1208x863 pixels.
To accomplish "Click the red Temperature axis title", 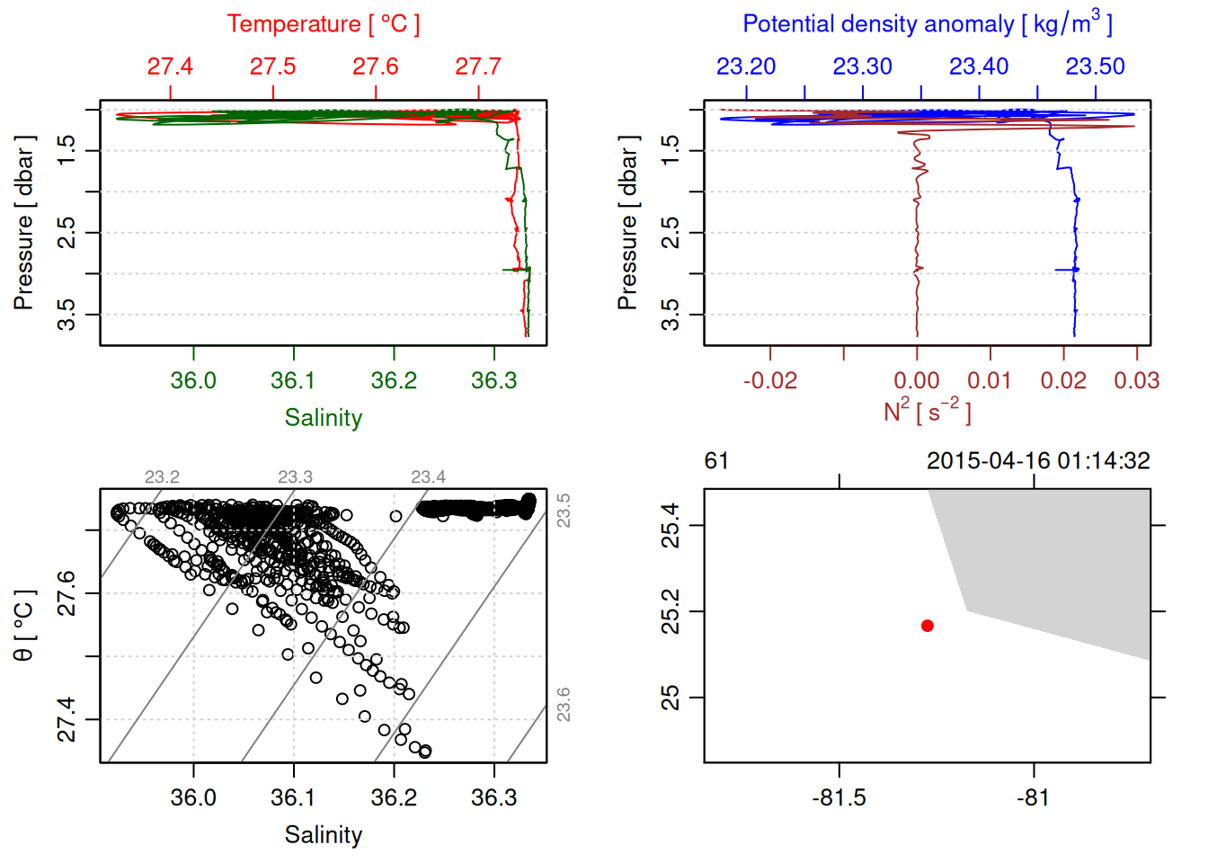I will (x=323, y=24).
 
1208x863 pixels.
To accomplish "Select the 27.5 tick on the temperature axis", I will (x=272, y=67).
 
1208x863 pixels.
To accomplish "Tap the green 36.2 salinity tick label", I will (x=394, y=380).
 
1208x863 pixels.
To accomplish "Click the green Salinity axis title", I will (x=323, y=418).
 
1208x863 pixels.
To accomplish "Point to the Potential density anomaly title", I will (x=927, y=24).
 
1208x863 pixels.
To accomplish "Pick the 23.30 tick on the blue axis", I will (x=862, y=67).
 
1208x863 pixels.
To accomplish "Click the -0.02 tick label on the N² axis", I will (x=769, y=380).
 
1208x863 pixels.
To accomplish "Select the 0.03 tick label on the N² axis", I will (x=1136, y=380).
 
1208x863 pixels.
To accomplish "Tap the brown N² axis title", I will (x=927, y=412).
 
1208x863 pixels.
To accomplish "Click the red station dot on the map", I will (x=928, y=626).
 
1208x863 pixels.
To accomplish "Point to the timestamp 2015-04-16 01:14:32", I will (x=1038, y=461).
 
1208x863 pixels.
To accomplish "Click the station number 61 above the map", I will (x=716, y=461).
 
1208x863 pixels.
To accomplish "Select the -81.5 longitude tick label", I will (x=839, y=798).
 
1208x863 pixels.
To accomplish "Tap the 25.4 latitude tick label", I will (x=671, y=525).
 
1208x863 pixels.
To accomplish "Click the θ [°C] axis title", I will (x=23, y=626).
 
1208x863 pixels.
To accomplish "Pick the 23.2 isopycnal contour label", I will (x=162, y=476).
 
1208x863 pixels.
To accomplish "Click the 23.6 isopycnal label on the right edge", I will (x=564, y=704).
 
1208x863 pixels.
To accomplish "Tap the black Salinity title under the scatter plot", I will (x=323, y=835).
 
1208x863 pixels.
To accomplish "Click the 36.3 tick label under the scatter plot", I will (x=493, y=798).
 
